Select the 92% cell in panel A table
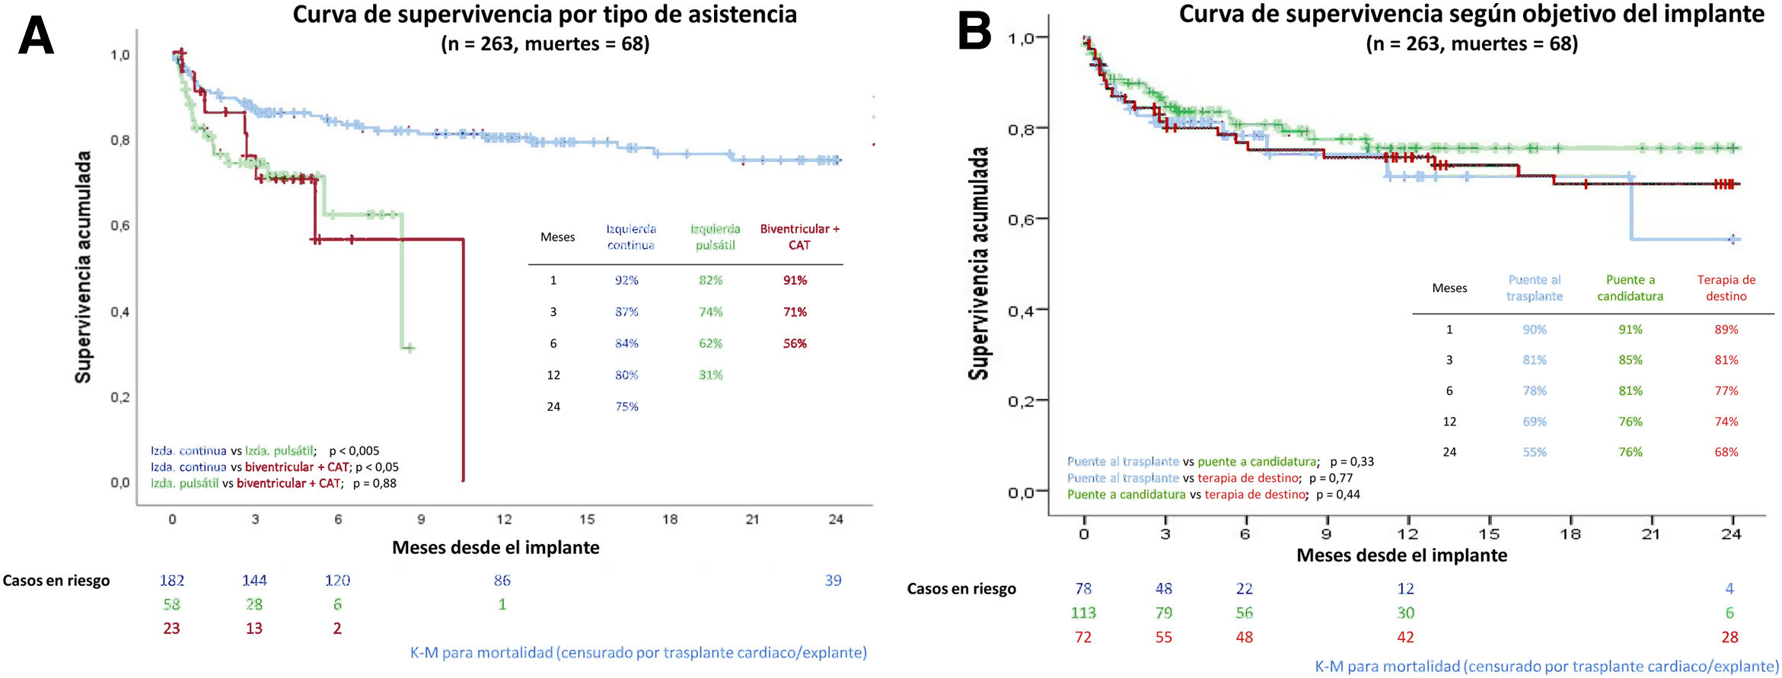(x=626, y=281)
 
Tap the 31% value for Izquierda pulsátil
(x=710, y=375)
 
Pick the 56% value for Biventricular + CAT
(x=795, y=344)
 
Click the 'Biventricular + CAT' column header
(x=799, y=237)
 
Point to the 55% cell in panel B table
(x=1534, y=452)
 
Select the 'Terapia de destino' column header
(x=1726, y=288)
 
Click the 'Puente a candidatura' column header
(x=1630, y=288)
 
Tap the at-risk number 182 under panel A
(x=172, y=581)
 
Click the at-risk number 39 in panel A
(x=833, y=581)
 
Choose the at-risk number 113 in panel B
(x=1083, y=613)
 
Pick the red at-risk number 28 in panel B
(x=1729, y=638)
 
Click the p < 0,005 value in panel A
(x=354, y=451)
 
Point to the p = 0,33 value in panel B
(x=1352, y=462)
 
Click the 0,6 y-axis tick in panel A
(x=120, y=226)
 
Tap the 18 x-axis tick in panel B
(x=1570, y=534)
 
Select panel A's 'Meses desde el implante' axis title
(x=496, y=548)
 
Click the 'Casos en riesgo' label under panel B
(x=961, y=589)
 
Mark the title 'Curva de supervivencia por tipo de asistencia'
(x=544, y=14)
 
